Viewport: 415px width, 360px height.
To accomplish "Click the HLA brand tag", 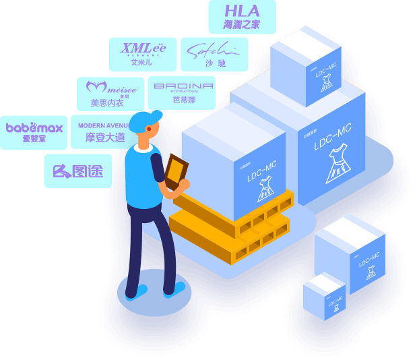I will [x=242, y=17].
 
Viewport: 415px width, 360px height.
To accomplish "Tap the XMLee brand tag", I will [x=143, y=54].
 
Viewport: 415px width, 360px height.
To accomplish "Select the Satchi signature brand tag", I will [x=214, y=54].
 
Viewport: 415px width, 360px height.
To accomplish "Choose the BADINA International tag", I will [x=181, y=94].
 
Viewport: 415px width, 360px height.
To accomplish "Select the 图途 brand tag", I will [x=78, y=171].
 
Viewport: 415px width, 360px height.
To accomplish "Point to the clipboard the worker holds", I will [x=177, y=171].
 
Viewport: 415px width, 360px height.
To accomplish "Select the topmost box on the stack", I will [x=305, y=65].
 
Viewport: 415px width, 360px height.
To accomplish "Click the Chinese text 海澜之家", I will [x=242, y=26].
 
